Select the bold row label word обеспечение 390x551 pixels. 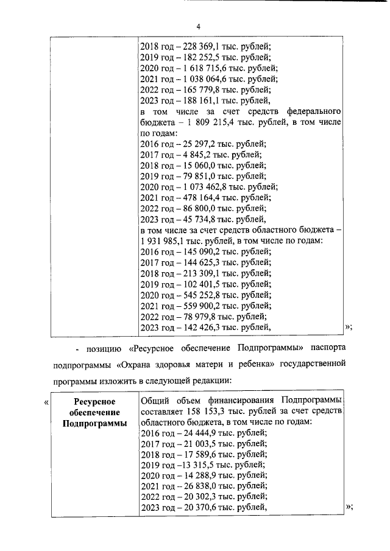pos(94,412)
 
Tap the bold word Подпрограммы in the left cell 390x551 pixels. pos(94,423)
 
